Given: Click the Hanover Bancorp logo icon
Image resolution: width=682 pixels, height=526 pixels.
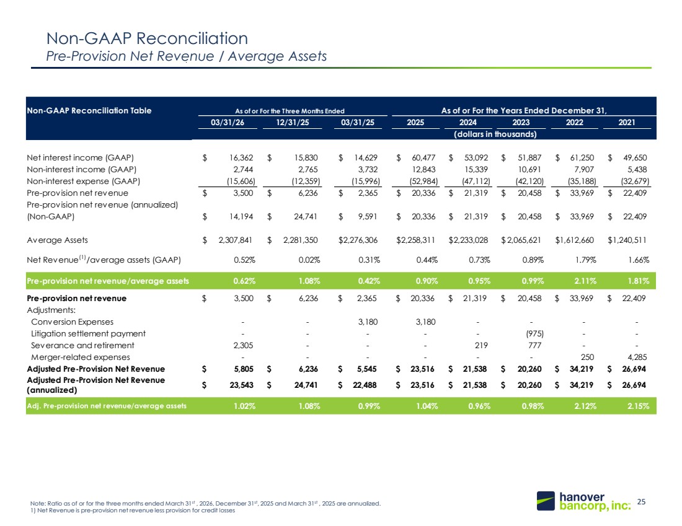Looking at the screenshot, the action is click(x=546, y=501).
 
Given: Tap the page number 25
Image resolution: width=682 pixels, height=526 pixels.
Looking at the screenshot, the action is click(x=641, y=502).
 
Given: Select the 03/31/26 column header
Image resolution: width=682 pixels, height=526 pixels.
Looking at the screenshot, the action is click(x=228, y=123).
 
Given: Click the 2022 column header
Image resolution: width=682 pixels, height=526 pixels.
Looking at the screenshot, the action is click(x=574, y=123).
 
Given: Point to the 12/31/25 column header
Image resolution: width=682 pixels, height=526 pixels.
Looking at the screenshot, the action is click(x=292, y=123).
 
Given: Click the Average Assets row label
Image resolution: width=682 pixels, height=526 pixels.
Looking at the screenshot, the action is click(x=58, y=240).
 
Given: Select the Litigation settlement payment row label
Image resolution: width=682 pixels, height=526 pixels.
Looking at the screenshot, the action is click(x=88, y=333).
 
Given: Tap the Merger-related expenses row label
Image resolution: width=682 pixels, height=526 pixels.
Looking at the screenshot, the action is click(x=81, y=357).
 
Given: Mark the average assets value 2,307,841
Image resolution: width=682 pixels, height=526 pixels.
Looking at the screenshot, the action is click(x=236, y=240).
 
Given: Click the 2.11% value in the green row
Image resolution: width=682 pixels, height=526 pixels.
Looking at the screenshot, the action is click(x=585, y=281).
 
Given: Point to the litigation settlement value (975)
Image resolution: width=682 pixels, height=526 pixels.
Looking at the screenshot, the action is click(x=534, y=333).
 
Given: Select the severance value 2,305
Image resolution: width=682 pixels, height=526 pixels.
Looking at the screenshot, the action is click(x=243, y=345).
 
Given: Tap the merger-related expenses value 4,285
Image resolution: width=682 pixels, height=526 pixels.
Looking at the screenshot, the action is click(x=637, y=357).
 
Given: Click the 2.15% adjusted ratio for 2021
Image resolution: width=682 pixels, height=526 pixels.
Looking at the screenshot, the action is click(x=638, y=406).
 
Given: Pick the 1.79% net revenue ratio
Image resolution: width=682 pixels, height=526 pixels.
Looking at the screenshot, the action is click(x=585, y=260).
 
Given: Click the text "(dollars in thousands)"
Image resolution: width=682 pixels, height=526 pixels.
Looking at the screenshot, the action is click(x=495, y=134).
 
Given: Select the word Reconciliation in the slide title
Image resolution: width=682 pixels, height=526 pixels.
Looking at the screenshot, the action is click(x=192, y=38).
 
